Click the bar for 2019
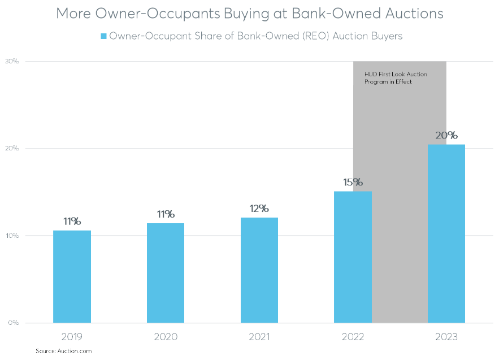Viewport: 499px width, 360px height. (72, 276)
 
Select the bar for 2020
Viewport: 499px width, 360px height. (166, 273)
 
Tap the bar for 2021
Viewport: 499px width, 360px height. (259, 270)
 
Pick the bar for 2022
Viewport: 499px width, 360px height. (353, 257)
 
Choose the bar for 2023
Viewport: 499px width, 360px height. (446, 233)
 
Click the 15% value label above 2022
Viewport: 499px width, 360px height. (353, 183)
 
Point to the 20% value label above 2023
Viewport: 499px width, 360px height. (446, 136)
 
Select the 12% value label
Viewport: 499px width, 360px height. (259, 209)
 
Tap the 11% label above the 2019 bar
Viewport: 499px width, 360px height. (72, 222)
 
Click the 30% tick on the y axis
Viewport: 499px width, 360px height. (13, 61)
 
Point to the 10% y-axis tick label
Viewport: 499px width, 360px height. (13, 236)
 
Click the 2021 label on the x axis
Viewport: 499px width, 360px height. (259, 337)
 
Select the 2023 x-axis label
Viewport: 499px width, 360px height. (446, 337)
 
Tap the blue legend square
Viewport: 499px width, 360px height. (103, 36)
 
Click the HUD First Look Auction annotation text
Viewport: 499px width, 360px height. (395, 78)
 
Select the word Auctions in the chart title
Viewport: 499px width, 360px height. (412, 14)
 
